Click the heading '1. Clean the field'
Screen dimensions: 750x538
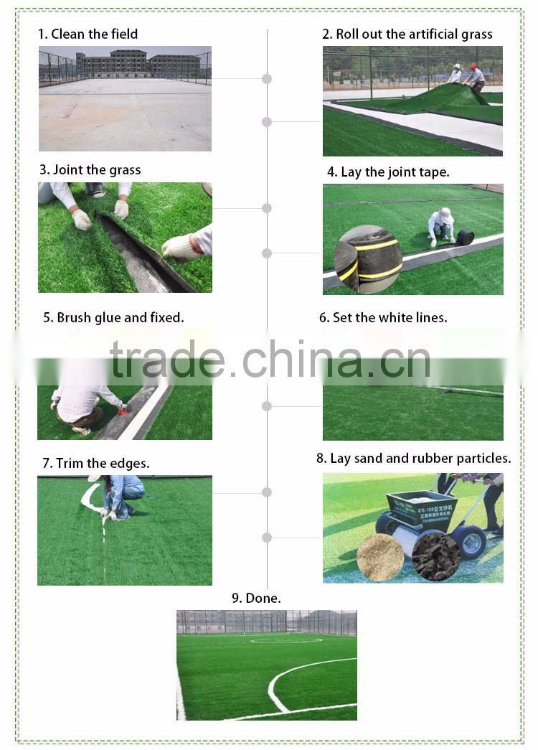click(x=88, y=34)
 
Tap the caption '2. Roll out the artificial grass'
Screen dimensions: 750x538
click(x=407, y=34)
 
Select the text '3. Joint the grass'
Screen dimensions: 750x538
click(x=90, y=170)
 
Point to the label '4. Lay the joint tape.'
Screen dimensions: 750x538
click(x=388, y=172)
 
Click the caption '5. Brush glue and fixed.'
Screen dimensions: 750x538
click(x=113, y=317)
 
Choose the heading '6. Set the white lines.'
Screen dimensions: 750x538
click(x=383, y=317)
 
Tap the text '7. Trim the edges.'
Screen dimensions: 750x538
click(x=96, y=464)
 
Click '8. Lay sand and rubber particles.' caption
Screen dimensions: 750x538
click(x=413, y=458)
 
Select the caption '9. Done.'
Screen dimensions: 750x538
click(x=256, y=598)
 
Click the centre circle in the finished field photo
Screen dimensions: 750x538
click(x=285, y=639)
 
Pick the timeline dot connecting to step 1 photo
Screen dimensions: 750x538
click(x=267, y=79)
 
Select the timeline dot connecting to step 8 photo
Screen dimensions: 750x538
click(x=267, y=538)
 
